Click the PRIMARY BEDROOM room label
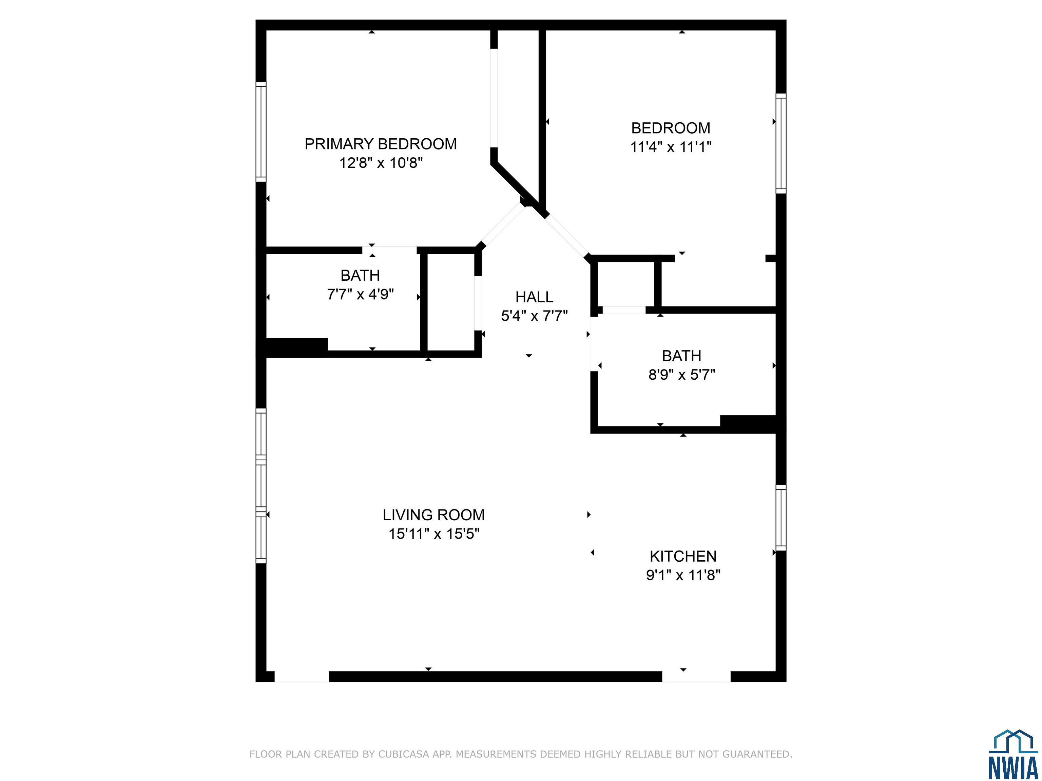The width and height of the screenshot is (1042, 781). point(381,144)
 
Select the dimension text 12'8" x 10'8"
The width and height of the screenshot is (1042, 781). point(381,163)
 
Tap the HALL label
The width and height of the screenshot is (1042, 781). point(534,297)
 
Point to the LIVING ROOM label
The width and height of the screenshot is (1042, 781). point(433,515)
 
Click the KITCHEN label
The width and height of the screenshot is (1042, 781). point(683,557)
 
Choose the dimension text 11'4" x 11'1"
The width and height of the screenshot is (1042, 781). point(671,147)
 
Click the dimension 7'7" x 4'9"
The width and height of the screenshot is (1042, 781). point(360,294)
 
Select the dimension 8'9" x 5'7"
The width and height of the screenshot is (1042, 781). point(682,375)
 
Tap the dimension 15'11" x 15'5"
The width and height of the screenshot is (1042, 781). point(434,534)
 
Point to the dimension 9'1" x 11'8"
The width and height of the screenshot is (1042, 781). point(683,575)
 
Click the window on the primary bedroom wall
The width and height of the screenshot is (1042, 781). point(261,132)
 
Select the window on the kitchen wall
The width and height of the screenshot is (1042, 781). point(781,518)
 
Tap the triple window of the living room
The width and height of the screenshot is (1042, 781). point(261,486)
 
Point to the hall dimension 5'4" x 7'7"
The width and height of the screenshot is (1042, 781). point(534,316)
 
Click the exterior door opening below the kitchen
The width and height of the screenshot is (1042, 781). point(696,677)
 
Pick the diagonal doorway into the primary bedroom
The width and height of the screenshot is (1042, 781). point(502,225)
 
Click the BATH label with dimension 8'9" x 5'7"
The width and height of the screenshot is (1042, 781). point(682,356)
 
